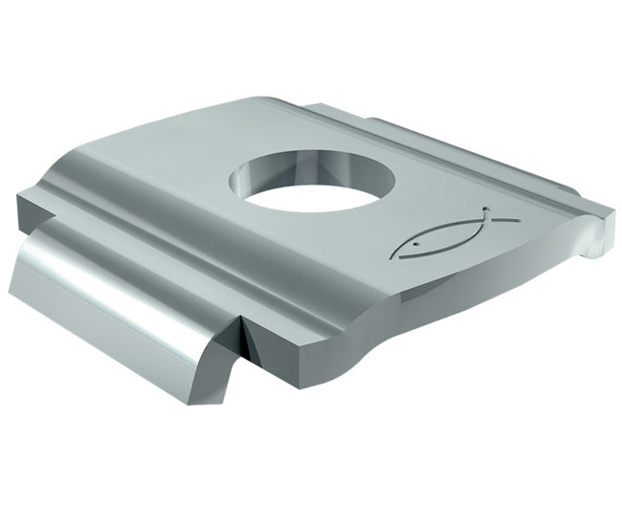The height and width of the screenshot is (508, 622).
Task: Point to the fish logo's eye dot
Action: [x=412, y=246]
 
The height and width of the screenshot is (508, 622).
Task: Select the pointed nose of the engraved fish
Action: [x=395, y=254]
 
